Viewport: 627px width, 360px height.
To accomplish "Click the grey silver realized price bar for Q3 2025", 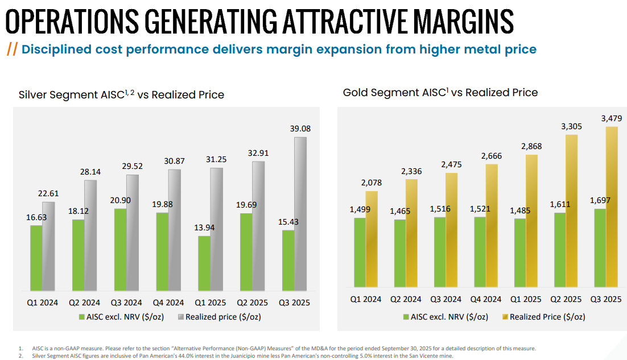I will (300, 213).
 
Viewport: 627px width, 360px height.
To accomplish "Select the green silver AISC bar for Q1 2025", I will (204, 262).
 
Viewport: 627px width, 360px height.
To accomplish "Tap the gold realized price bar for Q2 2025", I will (571, 210).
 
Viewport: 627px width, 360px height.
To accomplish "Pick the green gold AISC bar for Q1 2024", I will (360, 252).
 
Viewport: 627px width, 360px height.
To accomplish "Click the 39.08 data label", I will (299, 129).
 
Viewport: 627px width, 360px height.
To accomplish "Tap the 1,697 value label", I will (599, 200).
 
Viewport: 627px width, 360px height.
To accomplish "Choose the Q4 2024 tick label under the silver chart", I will (168, 303).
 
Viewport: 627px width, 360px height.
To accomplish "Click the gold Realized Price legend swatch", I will (505, 317).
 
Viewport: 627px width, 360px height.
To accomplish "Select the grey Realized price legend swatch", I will (181, 317).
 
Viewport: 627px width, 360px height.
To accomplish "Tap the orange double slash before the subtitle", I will (11, 49).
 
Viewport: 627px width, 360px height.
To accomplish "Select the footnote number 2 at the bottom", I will (20, 356).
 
